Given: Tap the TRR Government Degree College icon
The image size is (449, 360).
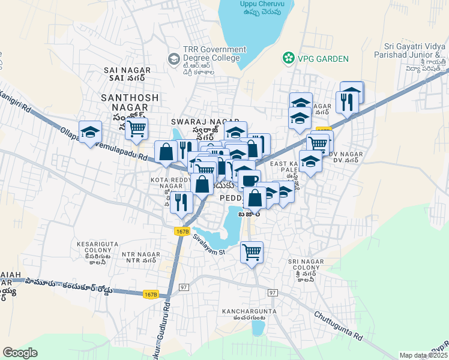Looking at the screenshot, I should coord(174,58).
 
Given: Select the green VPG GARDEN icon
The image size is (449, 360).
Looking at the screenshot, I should coord(289,58).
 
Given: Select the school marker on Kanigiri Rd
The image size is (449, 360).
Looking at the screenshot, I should coord(90,131).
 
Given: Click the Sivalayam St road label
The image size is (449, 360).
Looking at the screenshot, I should coord(208,245).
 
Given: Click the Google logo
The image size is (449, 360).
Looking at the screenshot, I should coord(20,352).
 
